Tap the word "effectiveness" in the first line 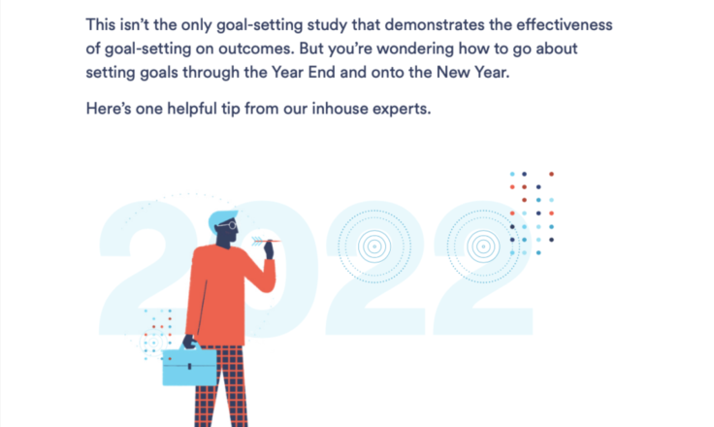tap(565, 24)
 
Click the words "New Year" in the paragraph tap(472, 73)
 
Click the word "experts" tap(402, 110)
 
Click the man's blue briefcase tap(190, 366)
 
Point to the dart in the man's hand tap(266, 241)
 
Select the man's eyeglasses tap(228, 225)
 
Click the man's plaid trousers tap(221, 386)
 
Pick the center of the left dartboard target tap(374, 246)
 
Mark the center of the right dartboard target tap(483, 246)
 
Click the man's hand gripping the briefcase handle tap(189, 342)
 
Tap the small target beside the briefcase tap(153, 343)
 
